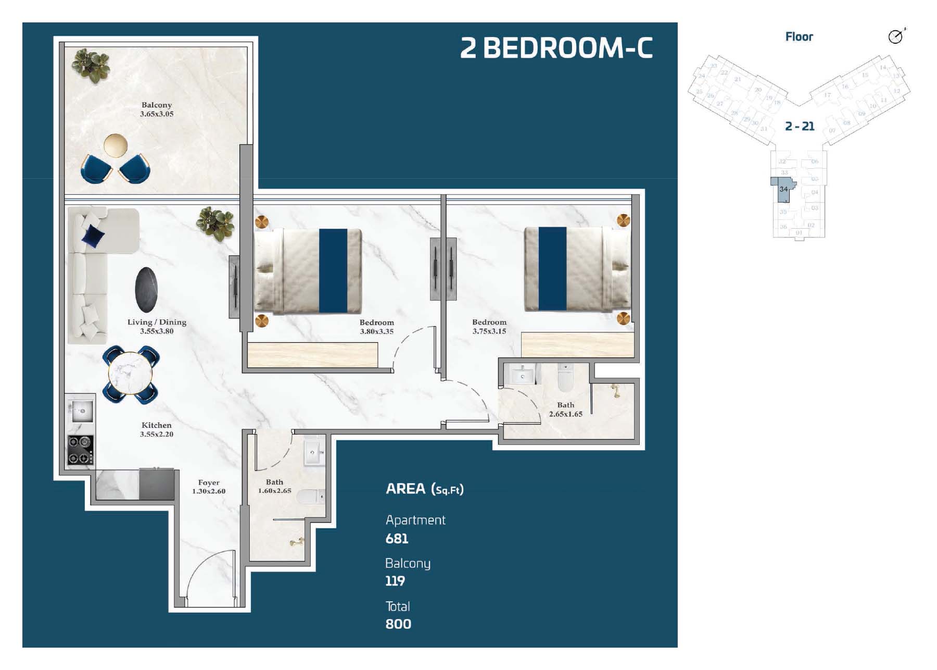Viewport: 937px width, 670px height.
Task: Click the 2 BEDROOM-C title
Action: pyautogui.click(x=556, y=48)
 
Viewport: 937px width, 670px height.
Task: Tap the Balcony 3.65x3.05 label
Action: pyautogui.click(x=156, y=109)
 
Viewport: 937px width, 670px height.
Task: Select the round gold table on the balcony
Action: pyautogui.click(x=116, y=145)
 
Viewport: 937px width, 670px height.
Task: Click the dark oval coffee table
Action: pyautogui.click(x=146, y=290)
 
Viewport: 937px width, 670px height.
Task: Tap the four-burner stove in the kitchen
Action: pyautogui.click(x=81, y=450)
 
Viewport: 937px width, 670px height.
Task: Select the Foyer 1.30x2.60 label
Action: pyautogui.click(x=209, y=487)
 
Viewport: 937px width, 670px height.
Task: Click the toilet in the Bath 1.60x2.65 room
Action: pyautogui.click(x=311, y=497)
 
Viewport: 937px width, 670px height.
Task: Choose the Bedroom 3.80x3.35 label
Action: pyautogui.click(x=376, y=327)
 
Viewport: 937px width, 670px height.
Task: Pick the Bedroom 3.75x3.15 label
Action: pyautogui.click(x=489, y=327)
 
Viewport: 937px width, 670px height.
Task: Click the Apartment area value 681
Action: pyautogui.click(x=397, y=539)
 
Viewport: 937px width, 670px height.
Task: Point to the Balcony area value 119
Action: pyautogui.click(x=395, y=581)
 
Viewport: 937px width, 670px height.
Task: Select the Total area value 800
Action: pyautogui.click(x=398, y=624)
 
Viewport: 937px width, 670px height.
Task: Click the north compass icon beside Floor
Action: pyautogui.click(x=896, y=36)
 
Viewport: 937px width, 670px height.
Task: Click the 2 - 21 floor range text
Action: pyautogui.click(x=800, y=126)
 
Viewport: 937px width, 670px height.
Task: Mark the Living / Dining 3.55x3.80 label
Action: pyautogui.click(x=157, y=327)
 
